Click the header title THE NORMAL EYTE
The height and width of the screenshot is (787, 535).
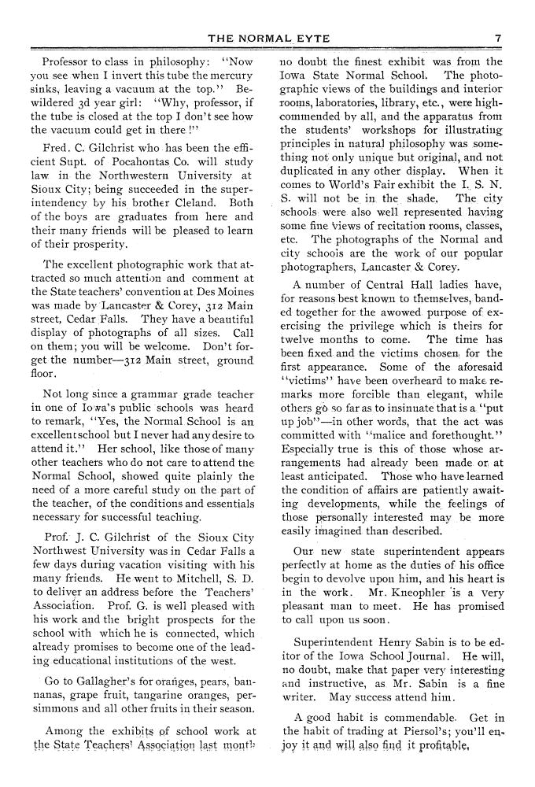(x=267, y=37)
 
